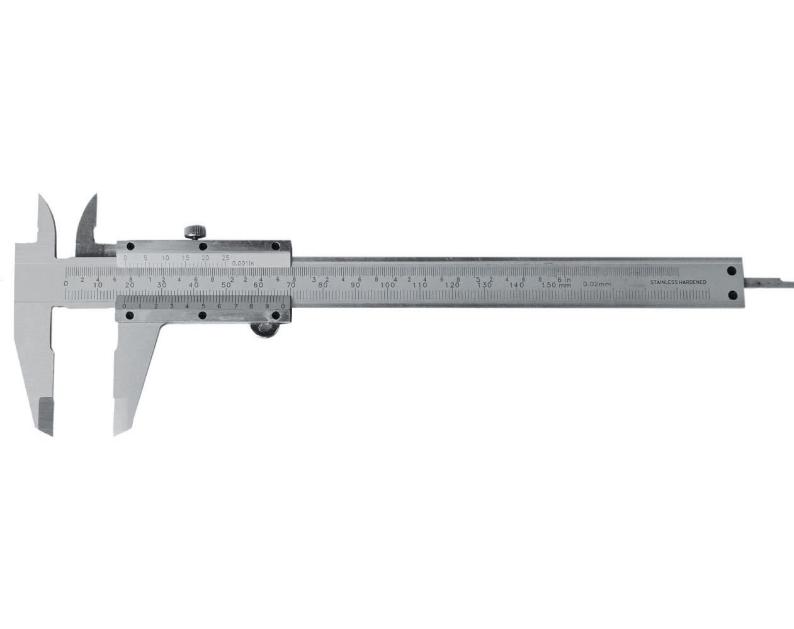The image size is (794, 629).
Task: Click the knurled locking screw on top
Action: [195, 230]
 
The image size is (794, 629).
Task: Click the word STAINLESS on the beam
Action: [664, 283]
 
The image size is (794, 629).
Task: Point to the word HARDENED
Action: [693, 283]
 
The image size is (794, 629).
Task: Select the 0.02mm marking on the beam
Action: [597, 284]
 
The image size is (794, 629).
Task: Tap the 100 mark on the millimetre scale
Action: [388, 286]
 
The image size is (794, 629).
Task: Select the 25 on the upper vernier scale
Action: [225, 258]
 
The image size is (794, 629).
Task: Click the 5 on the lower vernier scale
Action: [203, 306]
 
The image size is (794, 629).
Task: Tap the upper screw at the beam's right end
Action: [732, 271]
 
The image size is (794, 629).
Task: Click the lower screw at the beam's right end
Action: [732, 294]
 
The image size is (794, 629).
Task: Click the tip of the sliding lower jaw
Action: [116, 430]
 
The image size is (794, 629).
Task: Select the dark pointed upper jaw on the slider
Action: [88, 226]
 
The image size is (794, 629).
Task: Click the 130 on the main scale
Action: [484, 286]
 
